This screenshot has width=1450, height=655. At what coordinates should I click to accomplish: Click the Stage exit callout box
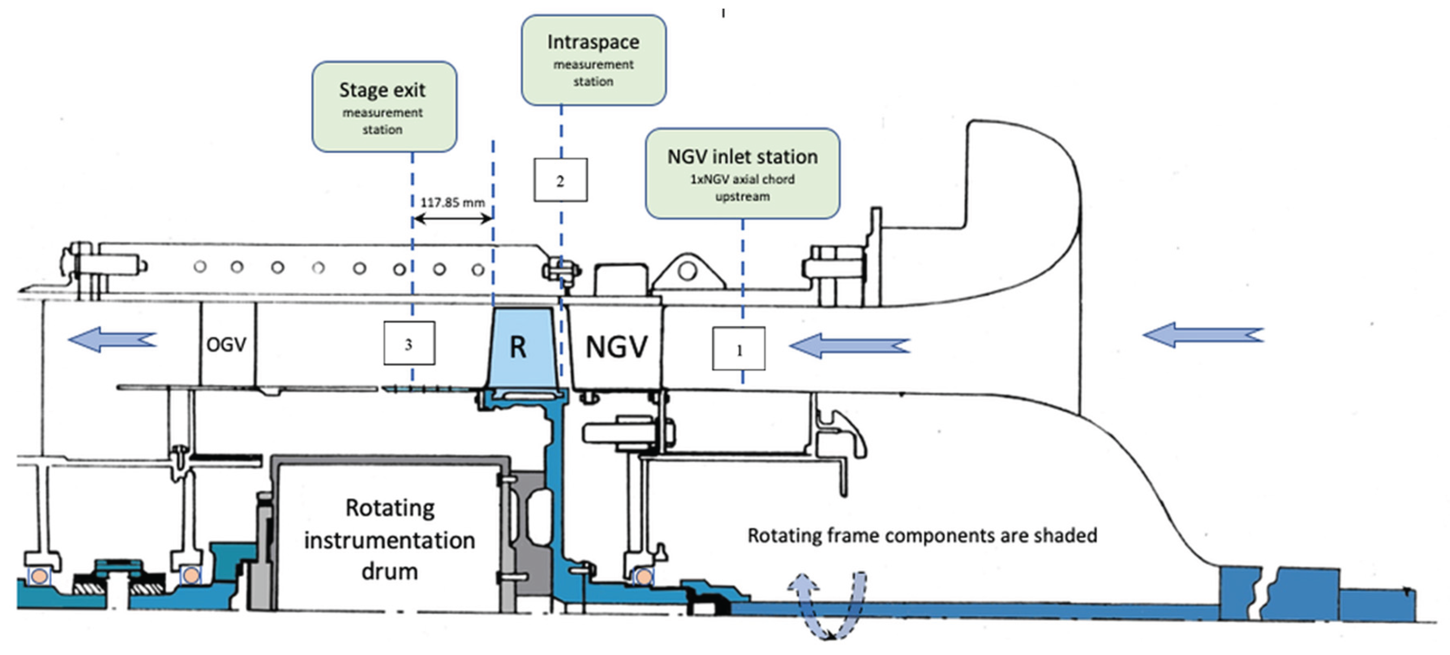coord(384,107)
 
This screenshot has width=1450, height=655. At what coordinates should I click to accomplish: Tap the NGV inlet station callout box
coord(742,173)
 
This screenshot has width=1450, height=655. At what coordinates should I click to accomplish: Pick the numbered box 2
coord(560,180)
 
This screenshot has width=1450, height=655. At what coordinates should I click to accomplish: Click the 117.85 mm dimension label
coord(452,202)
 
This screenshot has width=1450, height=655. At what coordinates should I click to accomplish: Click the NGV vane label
coord(616,346)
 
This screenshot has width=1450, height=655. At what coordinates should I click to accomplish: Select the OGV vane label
coord(226,344)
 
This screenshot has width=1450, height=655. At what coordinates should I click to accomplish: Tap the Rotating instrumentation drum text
coord(390,539)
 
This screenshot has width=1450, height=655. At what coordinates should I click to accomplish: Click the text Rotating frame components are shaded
coord(922,535)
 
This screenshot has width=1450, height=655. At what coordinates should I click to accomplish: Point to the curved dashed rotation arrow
coord(827,605)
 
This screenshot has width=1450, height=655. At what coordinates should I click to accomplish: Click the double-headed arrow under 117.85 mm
coord(452,219)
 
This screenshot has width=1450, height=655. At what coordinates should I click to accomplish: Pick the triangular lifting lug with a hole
coord(687,273)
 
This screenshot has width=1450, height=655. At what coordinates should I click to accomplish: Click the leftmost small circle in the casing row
coord(200,266)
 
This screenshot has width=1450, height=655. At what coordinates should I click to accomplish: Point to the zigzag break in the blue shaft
coord(1268,594)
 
